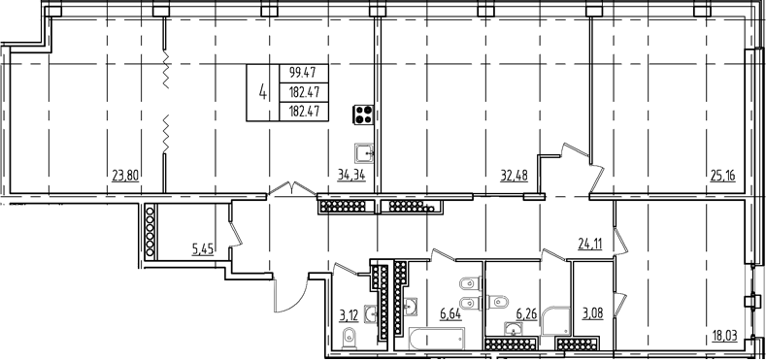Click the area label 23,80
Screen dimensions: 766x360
click(x=125, y=175)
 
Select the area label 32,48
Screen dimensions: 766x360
click(x=514, y=175)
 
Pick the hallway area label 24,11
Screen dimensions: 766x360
click(x=588, y=244)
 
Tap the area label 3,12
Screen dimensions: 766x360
click(x=349, y=315)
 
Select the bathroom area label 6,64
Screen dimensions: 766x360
click(x=450, y=312)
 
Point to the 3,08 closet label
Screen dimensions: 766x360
click(x=592, y=313)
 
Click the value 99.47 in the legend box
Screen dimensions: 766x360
click(x=303, y=74)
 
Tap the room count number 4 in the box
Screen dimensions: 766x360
click(x=263, y=91)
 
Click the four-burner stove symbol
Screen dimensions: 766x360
click(x=364, y=115)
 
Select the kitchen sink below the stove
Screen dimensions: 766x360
click(x=364, y=153)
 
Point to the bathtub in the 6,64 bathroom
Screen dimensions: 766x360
click(x=436, y=339)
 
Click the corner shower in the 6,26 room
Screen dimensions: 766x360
click(x=555, y=321)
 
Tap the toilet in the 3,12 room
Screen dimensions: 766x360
click(x=350, y=338)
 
